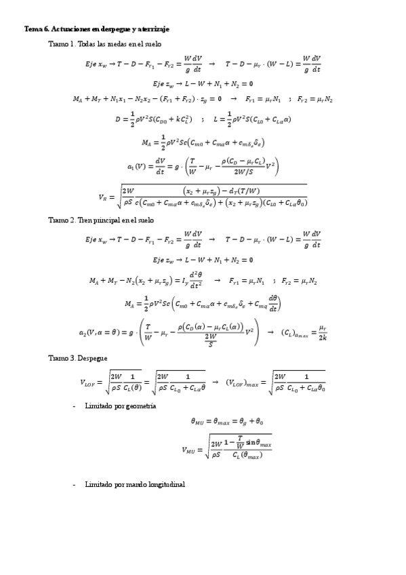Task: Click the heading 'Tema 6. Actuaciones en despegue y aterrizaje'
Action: pyautogui.click(x=96, y=29)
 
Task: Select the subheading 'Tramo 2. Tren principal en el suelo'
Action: pyautogui.click(x=101, y=220)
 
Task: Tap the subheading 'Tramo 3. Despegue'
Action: pyautogui.click(x=77, y=357)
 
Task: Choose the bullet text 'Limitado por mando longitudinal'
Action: pyautogui.click(x=135, y=485)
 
